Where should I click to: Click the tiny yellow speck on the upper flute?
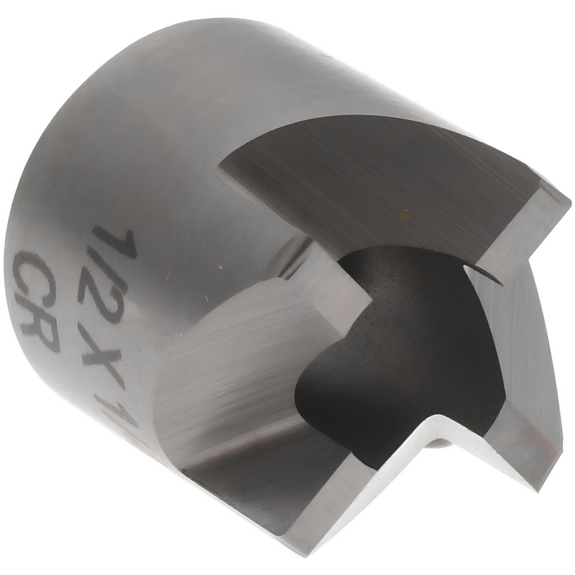[404, 214]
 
